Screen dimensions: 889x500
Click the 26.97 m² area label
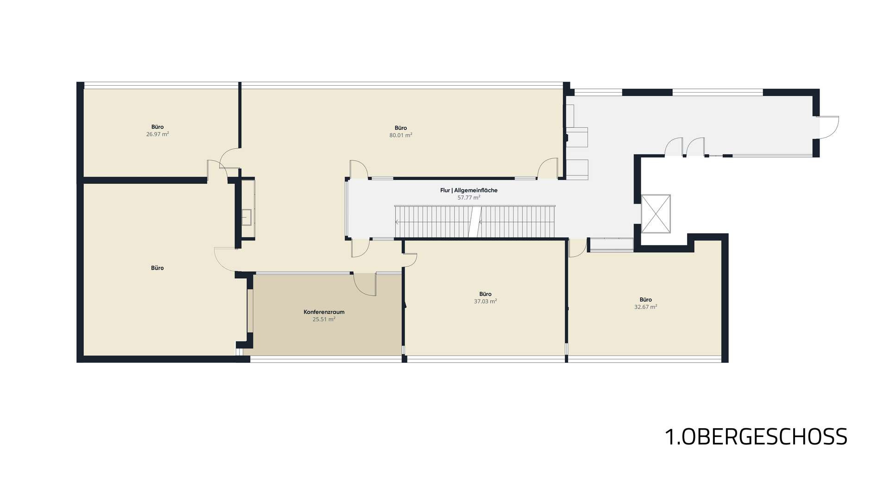[157, 134]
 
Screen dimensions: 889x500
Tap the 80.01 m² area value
[401, 135]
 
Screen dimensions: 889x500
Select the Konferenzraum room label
[324, 312]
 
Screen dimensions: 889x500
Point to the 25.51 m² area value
[324, 319]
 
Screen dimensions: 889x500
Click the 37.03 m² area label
[485, 301]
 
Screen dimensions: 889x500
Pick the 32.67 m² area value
[646, 306]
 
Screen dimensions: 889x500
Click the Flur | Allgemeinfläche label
[469, 190]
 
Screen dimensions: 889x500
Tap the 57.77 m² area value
[469, 197]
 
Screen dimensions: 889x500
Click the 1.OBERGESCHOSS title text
[756, 437]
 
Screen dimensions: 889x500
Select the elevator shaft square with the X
[656, 213]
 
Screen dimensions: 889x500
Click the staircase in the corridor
[474, 221]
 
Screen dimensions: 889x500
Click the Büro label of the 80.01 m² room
[401, 128]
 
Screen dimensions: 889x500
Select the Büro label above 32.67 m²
[646, 300]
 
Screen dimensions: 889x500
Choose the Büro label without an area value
[157, 268]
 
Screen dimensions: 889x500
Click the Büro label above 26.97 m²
[157, 127]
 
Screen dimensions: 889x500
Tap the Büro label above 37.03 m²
[485, 294]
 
